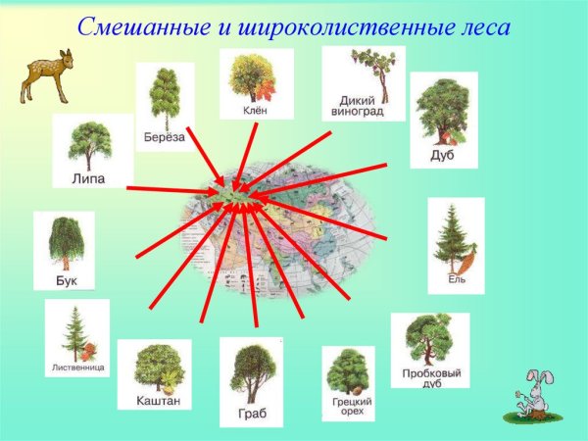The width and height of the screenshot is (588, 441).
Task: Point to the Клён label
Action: click(x=256, y=111)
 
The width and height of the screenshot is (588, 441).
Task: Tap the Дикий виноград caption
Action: click(x=363, y=105)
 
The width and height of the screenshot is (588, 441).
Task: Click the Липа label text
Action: click(x=89, y=178)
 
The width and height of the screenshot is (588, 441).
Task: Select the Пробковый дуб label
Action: click(x=432, y=378)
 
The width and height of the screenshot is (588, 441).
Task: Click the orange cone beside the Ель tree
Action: click(x=466, y=263)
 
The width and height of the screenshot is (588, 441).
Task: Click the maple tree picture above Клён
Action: click(x=257, y=77)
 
